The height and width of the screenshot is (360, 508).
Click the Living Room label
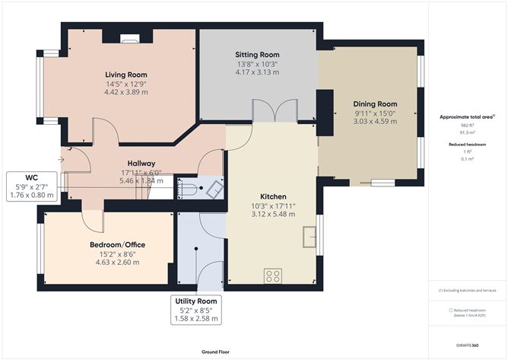coord(126,74)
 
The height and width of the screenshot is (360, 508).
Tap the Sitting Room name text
coord(256,55)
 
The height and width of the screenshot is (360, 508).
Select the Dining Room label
coord(375,104)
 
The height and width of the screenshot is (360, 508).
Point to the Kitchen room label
coord(272,196)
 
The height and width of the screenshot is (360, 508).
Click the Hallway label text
coord(142,164)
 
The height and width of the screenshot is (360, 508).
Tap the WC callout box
coord(30,186)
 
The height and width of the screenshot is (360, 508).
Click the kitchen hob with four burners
coord(272,276)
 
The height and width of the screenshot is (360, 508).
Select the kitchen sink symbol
coord(309,237)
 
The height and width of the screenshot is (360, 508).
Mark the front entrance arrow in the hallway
coord(61,160)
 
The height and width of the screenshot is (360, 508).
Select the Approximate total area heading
coord(467,117)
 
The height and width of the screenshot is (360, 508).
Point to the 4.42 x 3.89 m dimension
coord(126,92)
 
